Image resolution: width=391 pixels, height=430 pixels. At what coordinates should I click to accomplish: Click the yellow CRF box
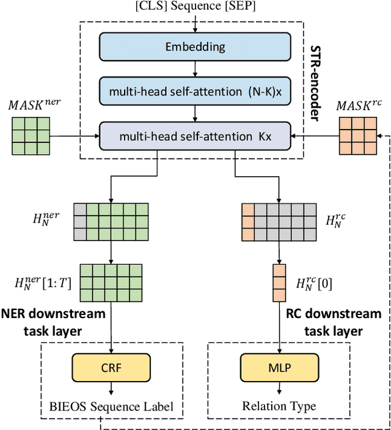(111, 369)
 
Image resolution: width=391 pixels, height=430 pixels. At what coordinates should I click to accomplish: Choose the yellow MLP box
(279, 369)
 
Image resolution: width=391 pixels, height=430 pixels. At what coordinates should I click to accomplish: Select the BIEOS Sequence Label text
(111, 406)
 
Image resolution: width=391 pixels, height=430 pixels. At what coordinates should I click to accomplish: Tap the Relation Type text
(279, 406)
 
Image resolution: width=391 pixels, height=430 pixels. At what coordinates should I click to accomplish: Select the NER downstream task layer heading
(53, 322)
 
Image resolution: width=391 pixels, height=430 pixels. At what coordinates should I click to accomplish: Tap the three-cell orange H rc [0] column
(279, 281)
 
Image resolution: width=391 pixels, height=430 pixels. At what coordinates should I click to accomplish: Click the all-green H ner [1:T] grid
(111, 281)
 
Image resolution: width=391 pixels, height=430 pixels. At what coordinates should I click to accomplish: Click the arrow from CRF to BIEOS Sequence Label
(111, 389)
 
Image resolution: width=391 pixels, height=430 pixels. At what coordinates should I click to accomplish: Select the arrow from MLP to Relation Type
(279, 389)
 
